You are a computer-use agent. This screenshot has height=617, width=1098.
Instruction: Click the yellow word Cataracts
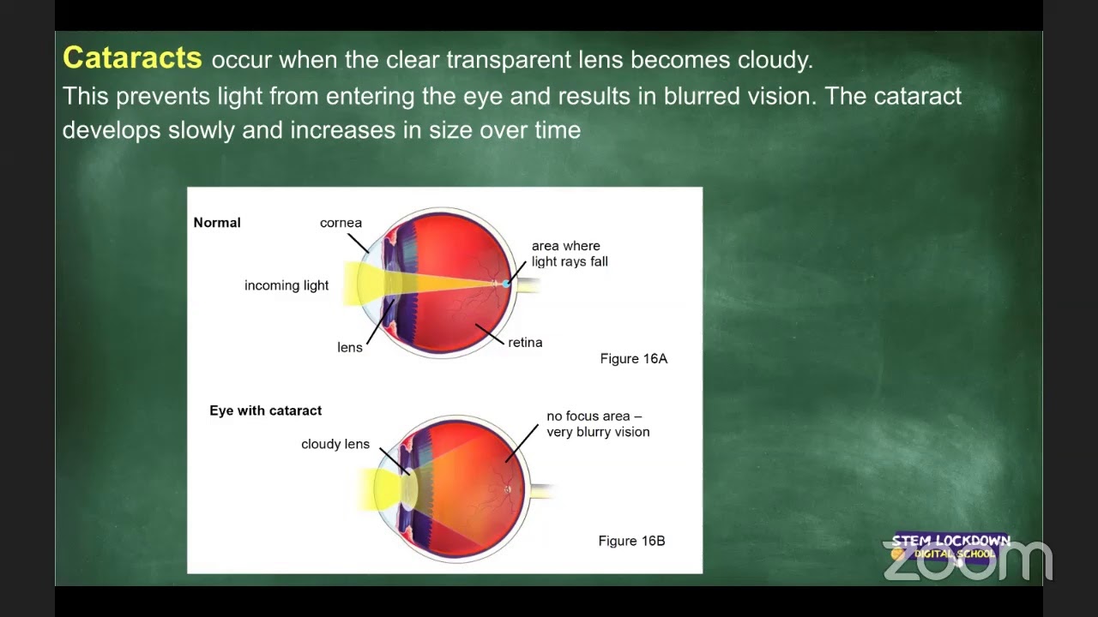pos(132,58)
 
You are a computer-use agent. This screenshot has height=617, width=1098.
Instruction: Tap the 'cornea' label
pos(341,223)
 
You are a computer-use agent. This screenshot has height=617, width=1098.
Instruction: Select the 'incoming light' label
pos(287,285)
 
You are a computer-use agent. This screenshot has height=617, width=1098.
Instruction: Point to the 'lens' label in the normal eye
pos(350,347)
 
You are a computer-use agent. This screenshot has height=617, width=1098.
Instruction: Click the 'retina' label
pos(525,342)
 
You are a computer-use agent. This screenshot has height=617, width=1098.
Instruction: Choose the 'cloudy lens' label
pos(335,444)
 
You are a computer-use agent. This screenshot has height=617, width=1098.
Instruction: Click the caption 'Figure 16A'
pos(633,359)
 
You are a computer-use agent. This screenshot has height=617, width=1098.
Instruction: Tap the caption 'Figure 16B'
pos(631,541)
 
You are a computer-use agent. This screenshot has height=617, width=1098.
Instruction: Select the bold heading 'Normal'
pos(217,223)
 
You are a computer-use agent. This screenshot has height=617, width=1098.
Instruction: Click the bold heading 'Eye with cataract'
pos(266,410)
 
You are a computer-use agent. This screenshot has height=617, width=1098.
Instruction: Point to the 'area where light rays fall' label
pos(570,254)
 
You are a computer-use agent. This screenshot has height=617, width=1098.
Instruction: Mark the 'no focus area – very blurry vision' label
pos(598,424)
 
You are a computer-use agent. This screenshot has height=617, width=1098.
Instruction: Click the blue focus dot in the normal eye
pos(506,283)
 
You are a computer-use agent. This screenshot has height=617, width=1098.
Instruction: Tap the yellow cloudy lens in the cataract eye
pos(409,486)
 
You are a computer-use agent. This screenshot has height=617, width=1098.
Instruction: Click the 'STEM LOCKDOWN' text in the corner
pos(950,541)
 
